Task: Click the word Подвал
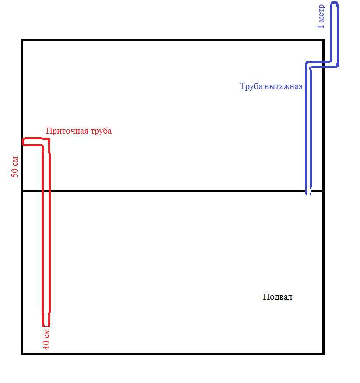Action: point(278,297)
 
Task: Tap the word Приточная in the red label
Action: point(67,131)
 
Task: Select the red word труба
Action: point(101,131)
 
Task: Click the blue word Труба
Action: point(251,86)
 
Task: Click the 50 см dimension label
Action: point(14,167)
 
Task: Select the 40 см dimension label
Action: point(46,339)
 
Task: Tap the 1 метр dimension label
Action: point(321,17)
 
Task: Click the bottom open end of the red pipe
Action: point(46,325)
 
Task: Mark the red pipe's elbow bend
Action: point(46,142)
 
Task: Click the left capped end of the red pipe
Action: point(24,142)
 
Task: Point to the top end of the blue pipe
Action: point(334,3)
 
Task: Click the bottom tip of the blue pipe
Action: point(308,194)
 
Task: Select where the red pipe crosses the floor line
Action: point(46,191)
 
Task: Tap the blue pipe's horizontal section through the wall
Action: point(322,64)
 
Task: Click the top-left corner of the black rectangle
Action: point(22,40)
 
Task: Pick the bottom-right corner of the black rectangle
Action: point(323,354)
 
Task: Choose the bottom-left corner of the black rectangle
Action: point(22,354)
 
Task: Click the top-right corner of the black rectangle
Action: point(323,40)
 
